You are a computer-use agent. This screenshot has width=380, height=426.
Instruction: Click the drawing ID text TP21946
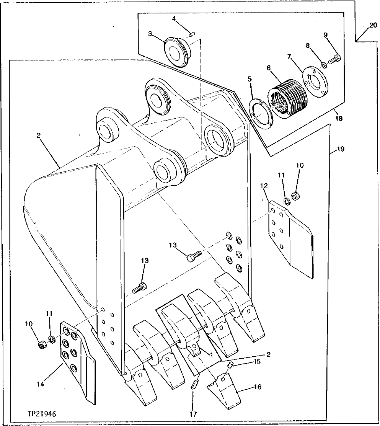42,414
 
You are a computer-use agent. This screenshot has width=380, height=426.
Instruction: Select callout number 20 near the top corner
373,25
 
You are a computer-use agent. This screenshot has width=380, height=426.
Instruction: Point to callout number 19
341,150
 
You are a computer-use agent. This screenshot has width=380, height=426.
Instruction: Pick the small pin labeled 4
192,34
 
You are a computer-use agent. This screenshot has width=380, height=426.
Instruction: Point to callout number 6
269,67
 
